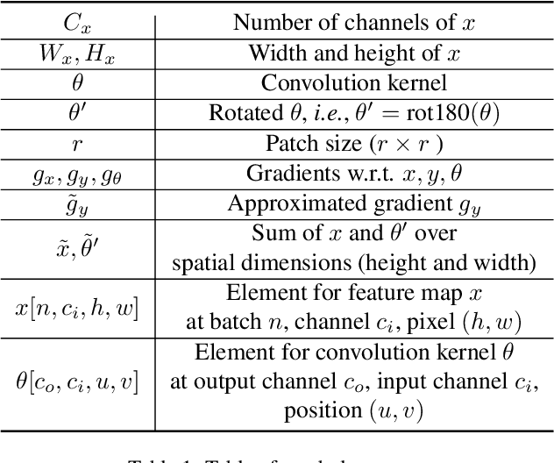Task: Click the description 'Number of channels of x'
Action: coord(352,23)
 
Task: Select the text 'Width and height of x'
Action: coord(352,53)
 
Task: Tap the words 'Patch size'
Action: coord(303,143)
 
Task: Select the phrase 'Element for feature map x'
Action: coord(352,293)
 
